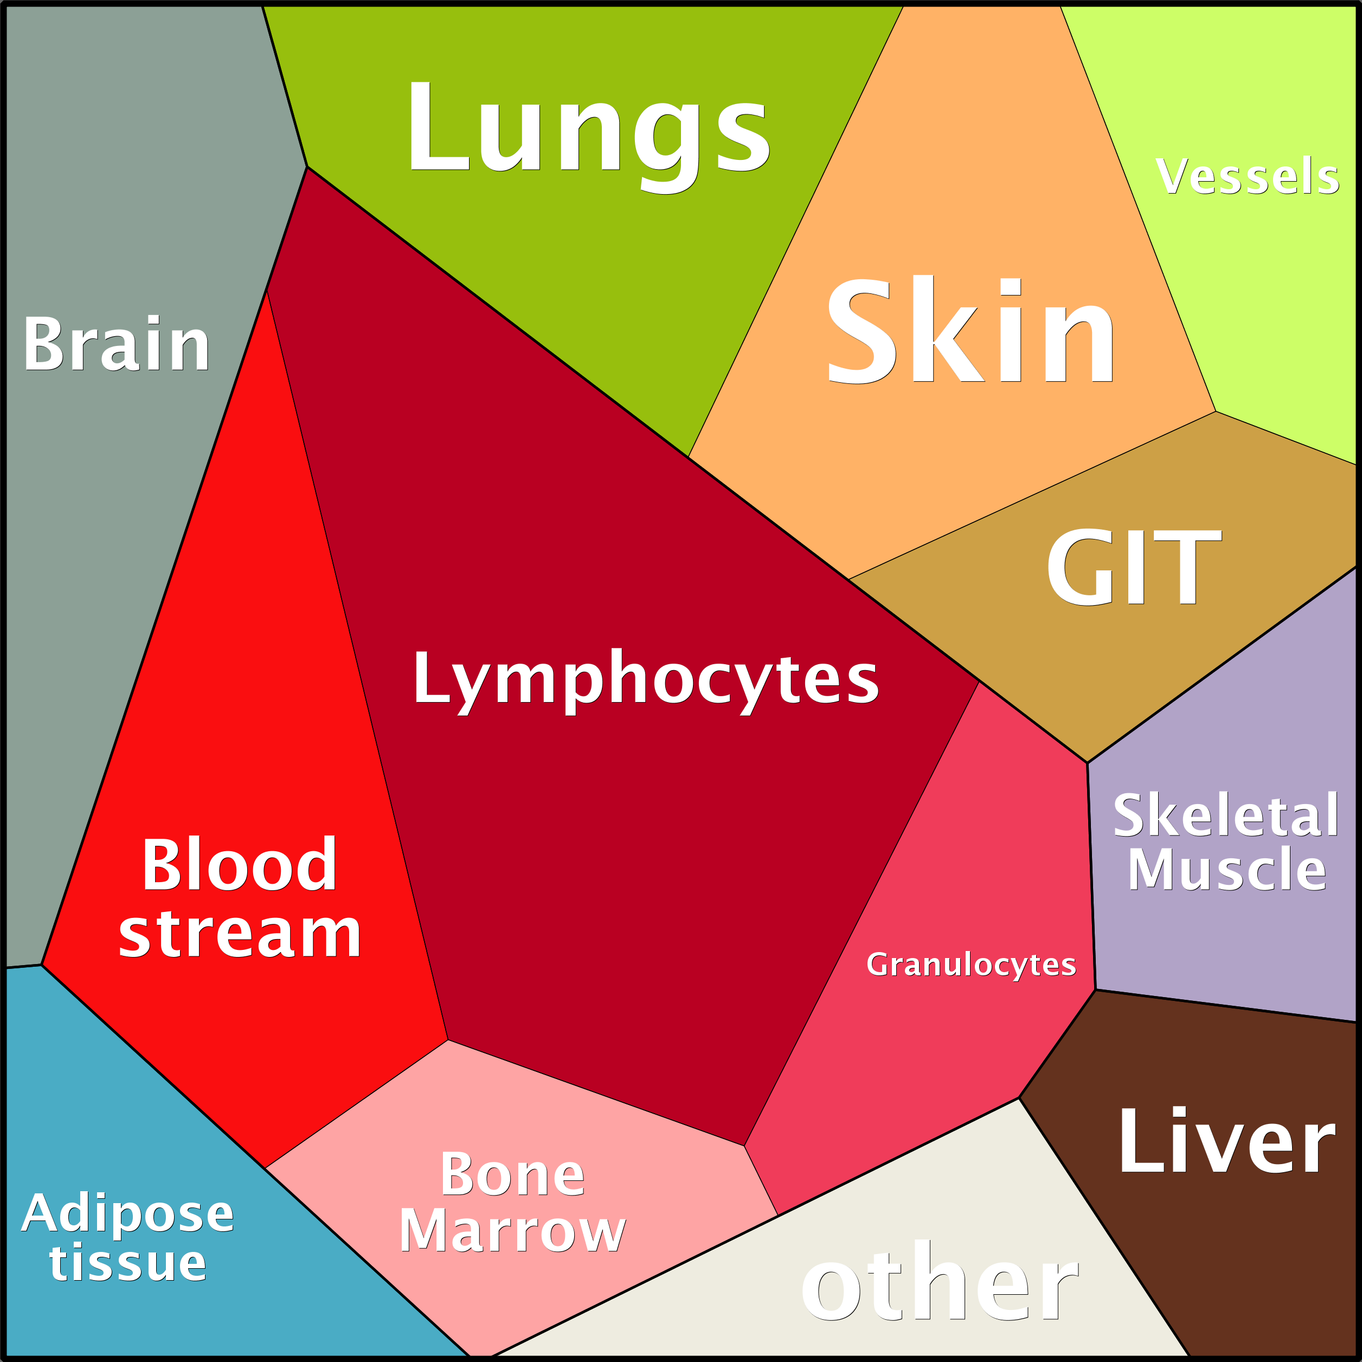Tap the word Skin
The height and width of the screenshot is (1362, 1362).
[x=971, y=329]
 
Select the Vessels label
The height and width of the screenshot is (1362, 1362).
[x=1247, y=176]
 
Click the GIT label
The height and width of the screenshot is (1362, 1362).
[x=1134, y=566]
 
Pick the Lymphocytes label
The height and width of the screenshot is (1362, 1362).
[x=646, y=680]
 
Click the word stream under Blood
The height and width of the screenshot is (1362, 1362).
[x=240, y=933]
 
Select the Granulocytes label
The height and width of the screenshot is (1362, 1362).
[x=971, y=963]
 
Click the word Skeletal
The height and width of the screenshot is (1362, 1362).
[x=1225, y=815]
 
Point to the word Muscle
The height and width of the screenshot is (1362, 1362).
[x=1226, y=869]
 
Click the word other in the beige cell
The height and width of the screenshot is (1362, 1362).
[x=940, y=1280]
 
